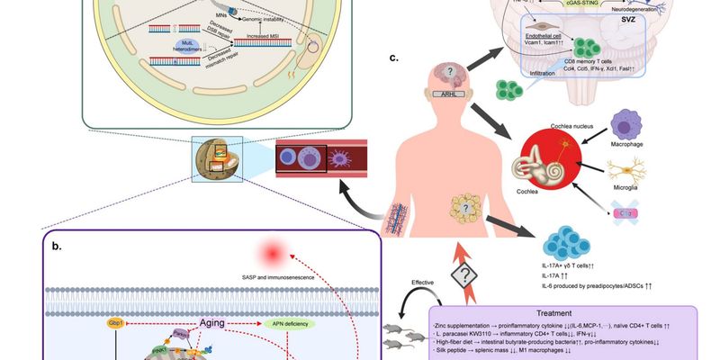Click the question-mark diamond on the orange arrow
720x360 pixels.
[x=466, y=269]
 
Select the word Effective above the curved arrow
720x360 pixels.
[x=424, y=283]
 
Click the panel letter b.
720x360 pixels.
[x=56, y=244]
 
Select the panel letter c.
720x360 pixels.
[x=392, y=59]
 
